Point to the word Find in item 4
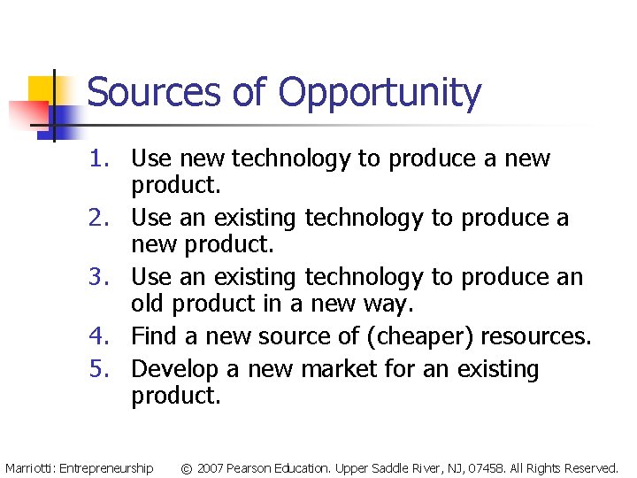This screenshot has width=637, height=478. [153, 336]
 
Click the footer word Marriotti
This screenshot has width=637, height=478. [29, 467]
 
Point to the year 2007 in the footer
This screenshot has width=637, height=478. [210, 467]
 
